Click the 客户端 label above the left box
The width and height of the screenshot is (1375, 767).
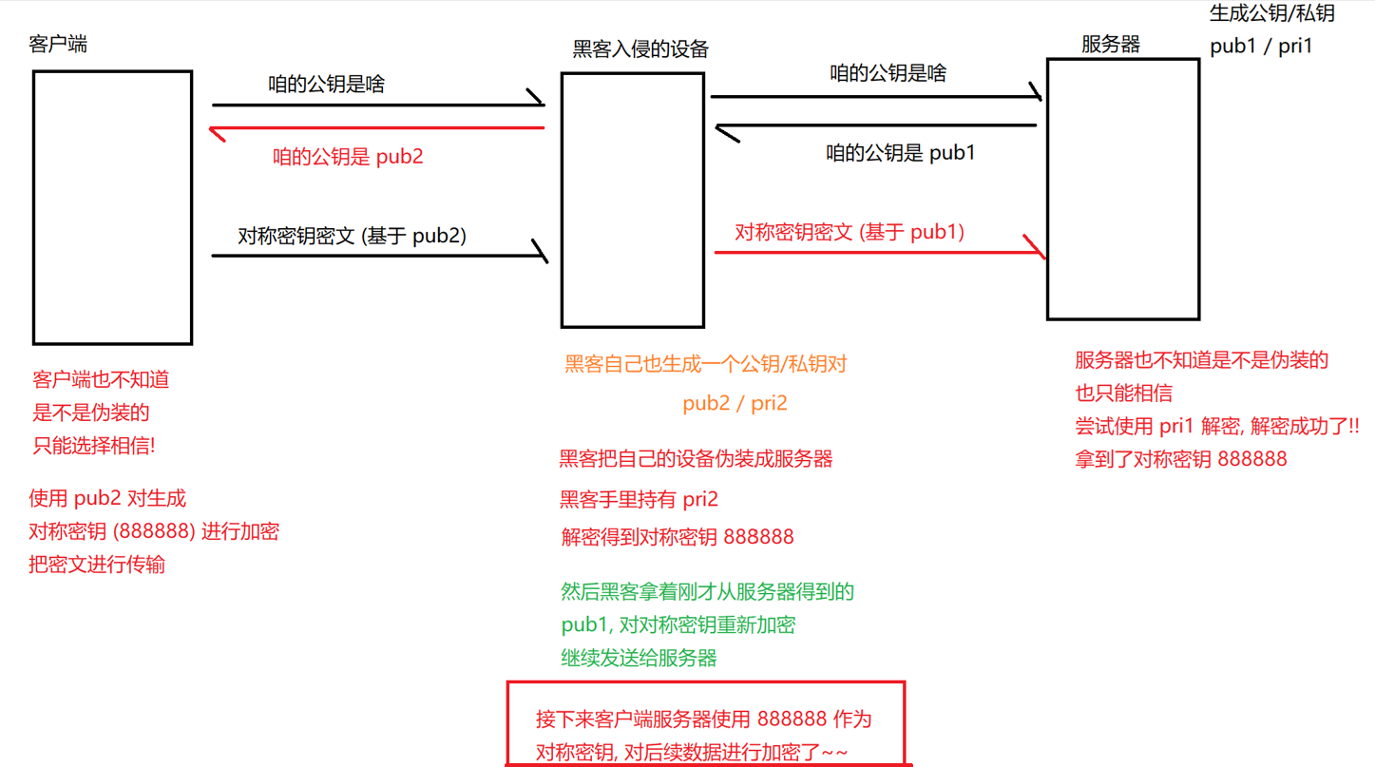(x=60, y=45)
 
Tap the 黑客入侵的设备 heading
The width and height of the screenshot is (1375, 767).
(x=640, y=48)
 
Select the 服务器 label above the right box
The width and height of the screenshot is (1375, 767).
(x=1110, y=44)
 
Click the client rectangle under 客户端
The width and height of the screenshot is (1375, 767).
(x=112, y=206)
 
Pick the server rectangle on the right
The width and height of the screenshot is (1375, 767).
(x=1122, y=188)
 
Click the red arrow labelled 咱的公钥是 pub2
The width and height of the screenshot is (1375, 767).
(x=380, y=127)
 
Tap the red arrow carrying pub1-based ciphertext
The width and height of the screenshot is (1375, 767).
(x=879, y=252)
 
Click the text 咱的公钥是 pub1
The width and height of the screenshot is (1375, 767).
(x=901, y=152)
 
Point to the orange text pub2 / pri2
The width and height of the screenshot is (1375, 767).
(x=735, y=403)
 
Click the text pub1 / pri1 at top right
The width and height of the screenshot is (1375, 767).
(x=1261, y=46)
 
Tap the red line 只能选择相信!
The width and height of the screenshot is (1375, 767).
(x=94, y=445)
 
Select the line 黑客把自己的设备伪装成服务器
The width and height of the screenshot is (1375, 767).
(x=696, y=459)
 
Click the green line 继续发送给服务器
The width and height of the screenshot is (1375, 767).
(x=639, y=658)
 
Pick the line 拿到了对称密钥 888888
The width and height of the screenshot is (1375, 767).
(x=1181, y=459)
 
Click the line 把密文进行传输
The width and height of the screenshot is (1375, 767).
(x=97, y=565)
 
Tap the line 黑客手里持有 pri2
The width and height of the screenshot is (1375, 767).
(x=639, y=499)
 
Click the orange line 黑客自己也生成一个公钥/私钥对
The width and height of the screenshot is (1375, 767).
(x=706, y=364)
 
